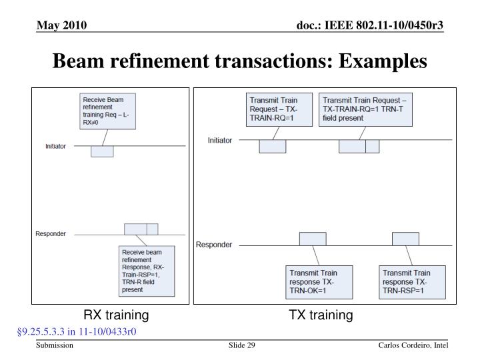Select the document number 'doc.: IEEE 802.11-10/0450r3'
(x=369, y=25)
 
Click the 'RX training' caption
(x=116, y=315)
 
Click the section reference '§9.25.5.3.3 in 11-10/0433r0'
(x=77, y=331)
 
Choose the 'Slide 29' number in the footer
(x=242, y=345)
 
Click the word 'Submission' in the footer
(x=55, y=345)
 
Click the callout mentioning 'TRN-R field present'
(x=146, y=271)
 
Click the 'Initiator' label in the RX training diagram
(x=55, y=146)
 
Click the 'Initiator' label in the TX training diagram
(x=221, y=141)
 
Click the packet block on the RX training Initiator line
(x=102, y=151)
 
